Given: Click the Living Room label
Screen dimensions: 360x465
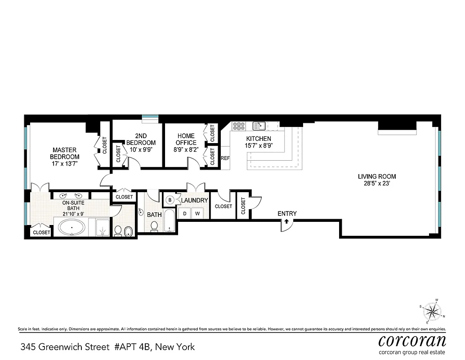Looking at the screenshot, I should pyautogui.click(x=377, y=176).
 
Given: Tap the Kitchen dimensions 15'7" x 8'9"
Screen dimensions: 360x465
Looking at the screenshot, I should pyautogui.click(x=259, y=146).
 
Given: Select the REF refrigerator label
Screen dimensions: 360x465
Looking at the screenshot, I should pyautogui.click(x=225, y=158).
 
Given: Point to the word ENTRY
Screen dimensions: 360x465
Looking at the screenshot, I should pyautogui.click(x=287, y=213).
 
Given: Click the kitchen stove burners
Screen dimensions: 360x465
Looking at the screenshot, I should pyautogui.click(x=238, y=126).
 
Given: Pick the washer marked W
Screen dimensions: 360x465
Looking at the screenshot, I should pyautogui.click(x=197, y=213).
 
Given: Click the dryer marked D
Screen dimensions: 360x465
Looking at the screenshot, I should pyautogui.click(x=184, y=213).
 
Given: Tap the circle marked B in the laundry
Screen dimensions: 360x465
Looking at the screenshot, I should pyautogui.click(x=170, y=200).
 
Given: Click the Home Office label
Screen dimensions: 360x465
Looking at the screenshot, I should pyautogui.click(x=186, y=139).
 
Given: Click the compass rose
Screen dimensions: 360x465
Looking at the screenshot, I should pyautogui.click(x=432, y=310).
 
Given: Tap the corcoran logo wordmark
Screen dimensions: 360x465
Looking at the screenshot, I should pyautogui.click(x=412, y=340).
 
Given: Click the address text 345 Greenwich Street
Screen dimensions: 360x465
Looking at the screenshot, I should pyautogui.click(x=65, y=347).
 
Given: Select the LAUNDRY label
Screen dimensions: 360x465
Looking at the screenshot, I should pyautogui.click(x=194, y=200).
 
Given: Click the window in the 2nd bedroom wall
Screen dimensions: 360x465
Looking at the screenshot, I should pyautogui.click(x=148, y=118).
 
